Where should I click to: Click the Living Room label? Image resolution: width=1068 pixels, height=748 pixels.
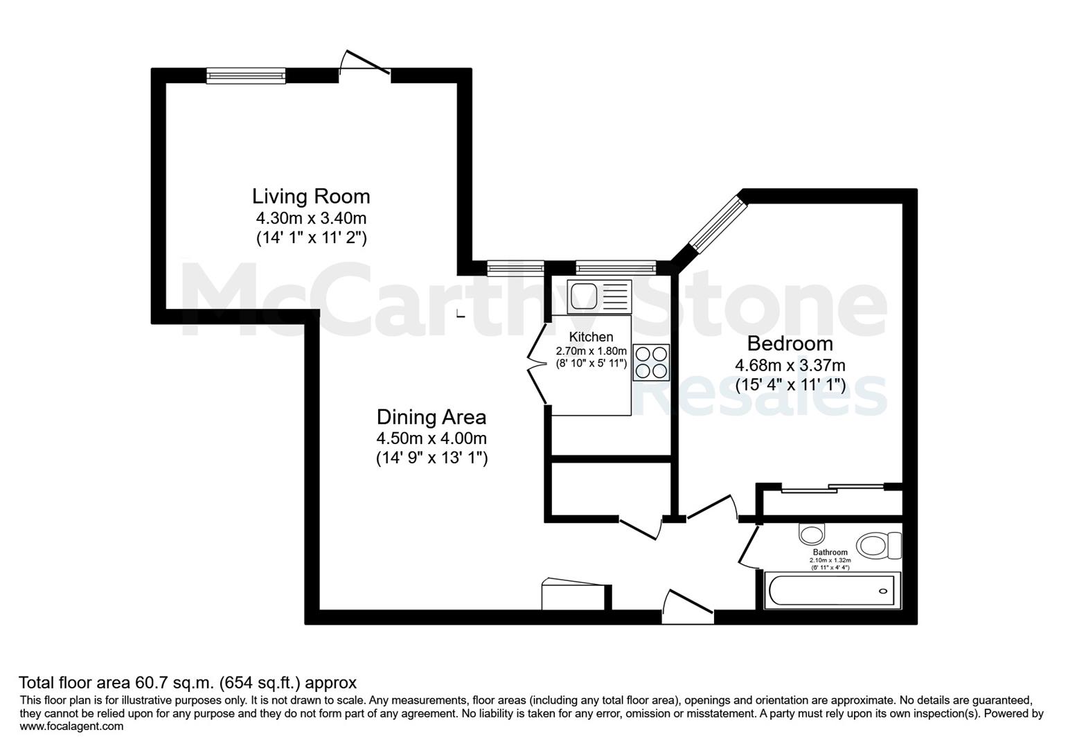tap(311, 197)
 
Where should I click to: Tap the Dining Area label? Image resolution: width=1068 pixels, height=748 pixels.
tap(431, 417)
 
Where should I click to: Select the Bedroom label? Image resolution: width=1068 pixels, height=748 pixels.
tap(790, 344)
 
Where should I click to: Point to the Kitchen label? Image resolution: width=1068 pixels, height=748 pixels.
tap(591, 337)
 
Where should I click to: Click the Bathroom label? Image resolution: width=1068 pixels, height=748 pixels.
tap(830, 552)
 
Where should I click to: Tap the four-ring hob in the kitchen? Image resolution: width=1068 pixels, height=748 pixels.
tap(651, 362)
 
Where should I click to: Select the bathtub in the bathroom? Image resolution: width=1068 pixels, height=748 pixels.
tap(833, 591)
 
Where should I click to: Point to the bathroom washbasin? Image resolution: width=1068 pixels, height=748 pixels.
tap(812, 535)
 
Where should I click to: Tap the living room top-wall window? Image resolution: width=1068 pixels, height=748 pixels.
tap(246, 75)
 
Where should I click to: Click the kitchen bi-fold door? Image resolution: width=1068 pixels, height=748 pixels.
tap(538, 365)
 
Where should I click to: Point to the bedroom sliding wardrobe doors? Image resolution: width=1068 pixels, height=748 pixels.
tap(833, 487)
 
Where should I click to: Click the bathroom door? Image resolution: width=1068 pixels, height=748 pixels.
tap(748, 546)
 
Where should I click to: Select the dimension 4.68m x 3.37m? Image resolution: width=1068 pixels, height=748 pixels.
tap(790, 365)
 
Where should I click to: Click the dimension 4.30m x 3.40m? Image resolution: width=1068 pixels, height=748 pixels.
tap(311, 218)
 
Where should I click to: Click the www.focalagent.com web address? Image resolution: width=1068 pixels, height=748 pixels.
tap(71, 727)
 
